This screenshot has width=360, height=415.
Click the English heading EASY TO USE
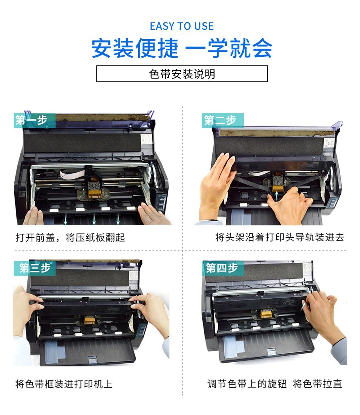tap(182, 26)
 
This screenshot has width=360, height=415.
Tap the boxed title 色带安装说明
tap(182, 74)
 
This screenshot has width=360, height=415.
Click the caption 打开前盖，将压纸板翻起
tap(70, 237)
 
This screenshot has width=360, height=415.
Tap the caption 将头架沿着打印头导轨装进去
tap(280, 237)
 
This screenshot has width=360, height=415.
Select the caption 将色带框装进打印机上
tap(64, 384)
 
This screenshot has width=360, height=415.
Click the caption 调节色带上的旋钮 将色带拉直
tap(275, 383)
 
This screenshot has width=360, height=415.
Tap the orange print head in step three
tap(89, 320)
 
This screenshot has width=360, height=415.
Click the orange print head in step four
tap(266, 314)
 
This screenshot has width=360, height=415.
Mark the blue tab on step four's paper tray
tap(272, 352)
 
